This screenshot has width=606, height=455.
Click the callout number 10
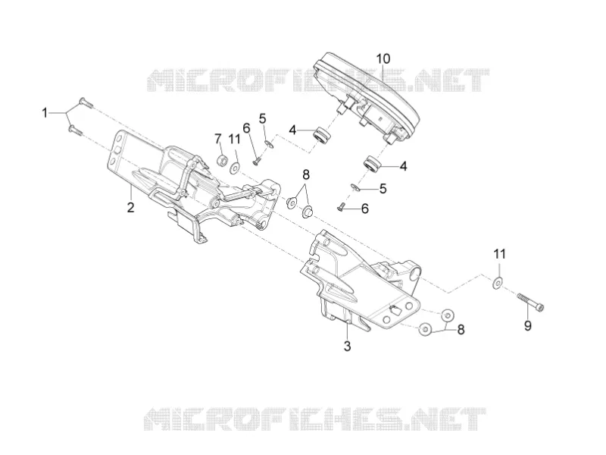383,59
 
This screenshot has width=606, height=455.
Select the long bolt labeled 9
531,302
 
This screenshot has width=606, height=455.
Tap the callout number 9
527,325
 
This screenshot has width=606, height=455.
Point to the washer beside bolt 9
498,283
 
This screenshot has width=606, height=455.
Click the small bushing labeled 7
223,159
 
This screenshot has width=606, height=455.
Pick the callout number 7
218,139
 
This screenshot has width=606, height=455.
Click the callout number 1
45,113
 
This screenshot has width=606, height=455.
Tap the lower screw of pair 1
75,130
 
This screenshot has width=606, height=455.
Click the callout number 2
130,207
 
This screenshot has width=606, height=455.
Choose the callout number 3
347,346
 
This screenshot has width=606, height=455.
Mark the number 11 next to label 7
234,139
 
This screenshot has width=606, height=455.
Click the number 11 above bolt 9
499,254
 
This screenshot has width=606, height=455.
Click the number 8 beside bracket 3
461,330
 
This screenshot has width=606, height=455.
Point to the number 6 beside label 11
246,127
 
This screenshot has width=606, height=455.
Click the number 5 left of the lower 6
383,189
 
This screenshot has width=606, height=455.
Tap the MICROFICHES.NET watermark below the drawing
315,419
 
